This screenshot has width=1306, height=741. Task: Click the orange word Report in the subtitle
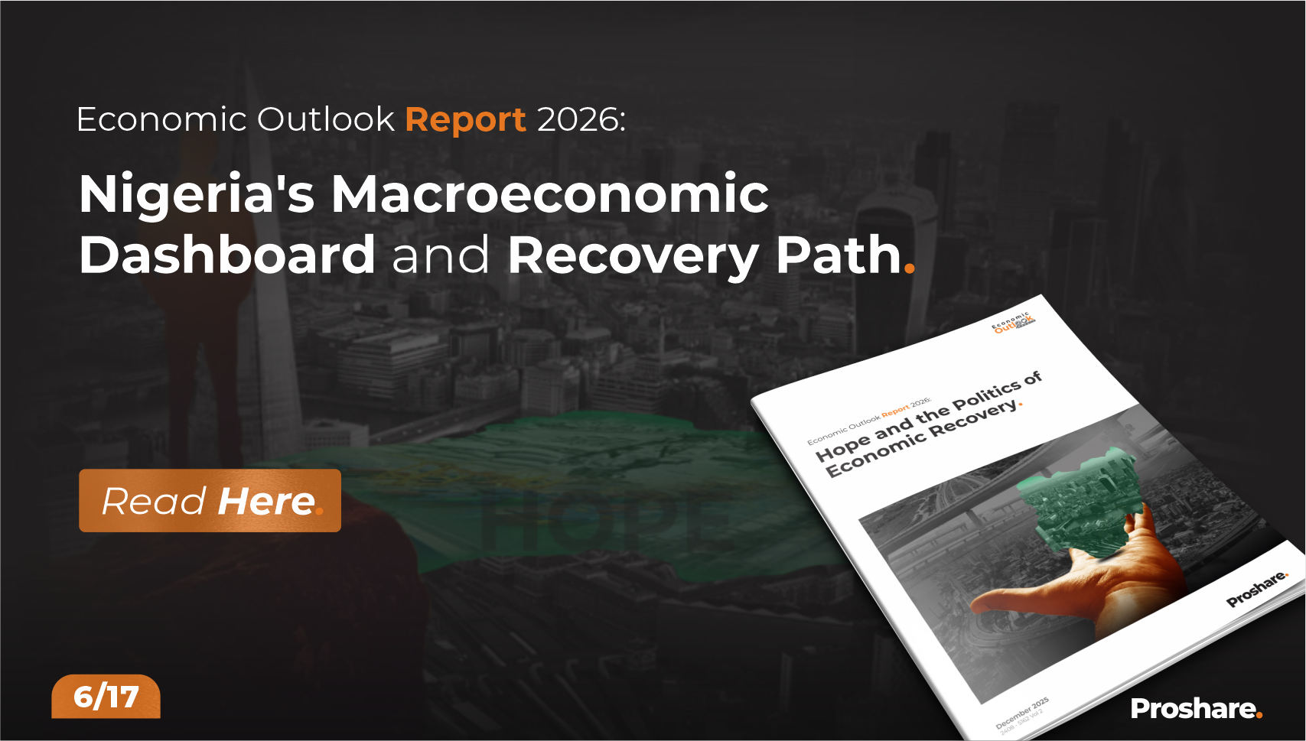point(465,120)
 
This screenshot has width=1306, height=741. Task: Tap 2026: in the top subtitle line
point(581,120)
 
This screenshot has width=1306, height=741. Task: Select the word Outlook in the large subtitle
point(325,120)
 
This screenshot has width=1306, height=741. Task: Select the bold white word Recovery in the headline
point(633,256)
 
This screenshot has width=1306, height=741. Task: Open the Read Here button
point(210,501)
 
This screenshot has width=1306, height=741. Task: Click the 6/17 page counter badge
point(106,697)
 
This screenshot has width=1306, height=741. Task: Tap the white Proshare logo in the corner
point(1196,709)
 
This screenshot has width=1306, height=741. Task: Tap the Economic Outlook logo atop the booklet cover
point(1014,323)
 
